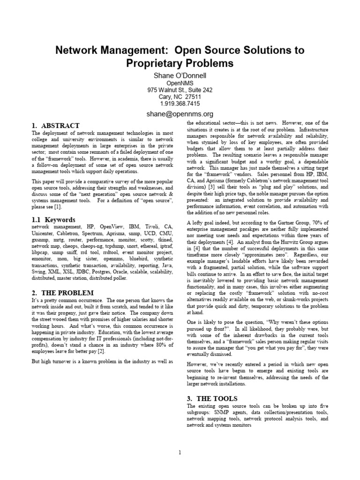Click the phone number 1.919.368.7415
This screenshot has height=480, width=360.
pyautogui.click(x=180, y=104)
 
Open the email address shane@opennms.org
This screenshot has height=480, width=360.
pyautogui.click(x=180, y=113)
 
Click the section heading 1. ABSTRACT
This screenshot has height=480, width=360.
pyautogui.click(x=55, y=126)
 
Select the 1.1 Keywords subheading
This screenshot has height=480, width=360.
pyautogui.click(x=53, y=219)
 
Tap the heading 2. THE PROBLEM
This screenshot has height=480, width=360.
pyautogui.click(x=62, y=292)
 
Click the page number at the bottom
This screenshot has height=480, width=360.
pyautogui.click(x=180, y=452)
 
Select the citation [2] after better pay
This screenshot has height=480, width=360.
pyautogui.click(x=101, y=351)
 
